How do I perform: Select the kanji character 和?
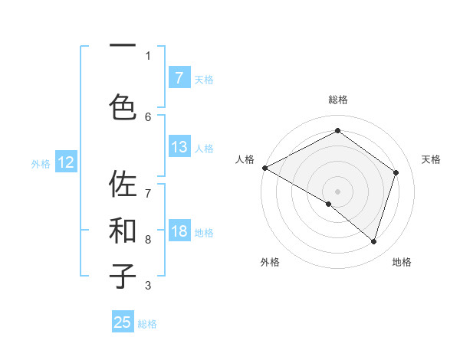(123, 231)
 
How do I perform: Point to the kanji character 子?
(123, 277)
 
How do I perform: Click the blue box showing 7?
(179, 78)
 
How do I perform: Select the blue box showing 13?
(179, 147)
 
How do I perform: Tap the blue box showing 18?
(179, 232)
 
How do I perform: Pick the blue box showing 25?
(123, 322)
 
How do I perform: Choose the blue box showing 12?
(66, 162)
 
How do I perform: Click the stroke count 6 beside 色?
(148, 116)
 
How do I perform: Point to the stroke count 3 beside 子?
(148, 286)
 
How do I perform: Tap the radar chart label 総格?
(337, 100)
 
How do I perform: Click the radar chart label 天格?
(432, 159)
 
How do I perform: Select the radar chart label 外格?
(270, 262)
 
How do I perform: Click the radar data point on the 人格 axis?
(264, 168)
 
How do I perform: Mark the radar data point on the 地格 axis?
(373, 241)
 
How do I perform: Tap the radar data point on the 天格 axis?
(396, 172)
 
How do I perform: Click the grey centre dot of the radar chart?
(337, 191)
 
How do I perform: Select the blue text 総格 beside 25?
(147, 324)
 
